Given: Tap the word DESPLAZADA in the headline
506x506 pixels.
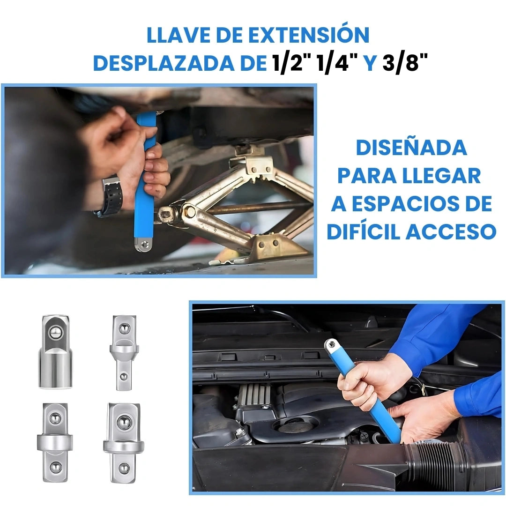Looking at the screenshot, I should click(x=171, y=63).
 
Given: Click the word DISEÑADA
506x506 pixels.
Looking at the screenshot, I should click(x=411, y=148).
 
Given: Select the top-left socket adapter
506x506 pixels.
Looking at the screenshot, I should click(x=55, y=351).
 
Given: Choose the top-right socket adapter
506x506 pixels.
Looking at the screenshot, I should click(x=124, y=352).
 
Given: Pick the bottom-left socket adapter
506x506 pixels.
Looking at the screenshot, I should click(x=55, y=442).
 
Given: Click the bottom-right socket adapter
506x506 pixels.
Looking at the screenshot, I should click(x=124, y=442).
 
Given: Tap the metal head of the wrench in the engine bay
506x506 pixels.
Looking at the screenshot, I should click(x=333, y=347).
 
